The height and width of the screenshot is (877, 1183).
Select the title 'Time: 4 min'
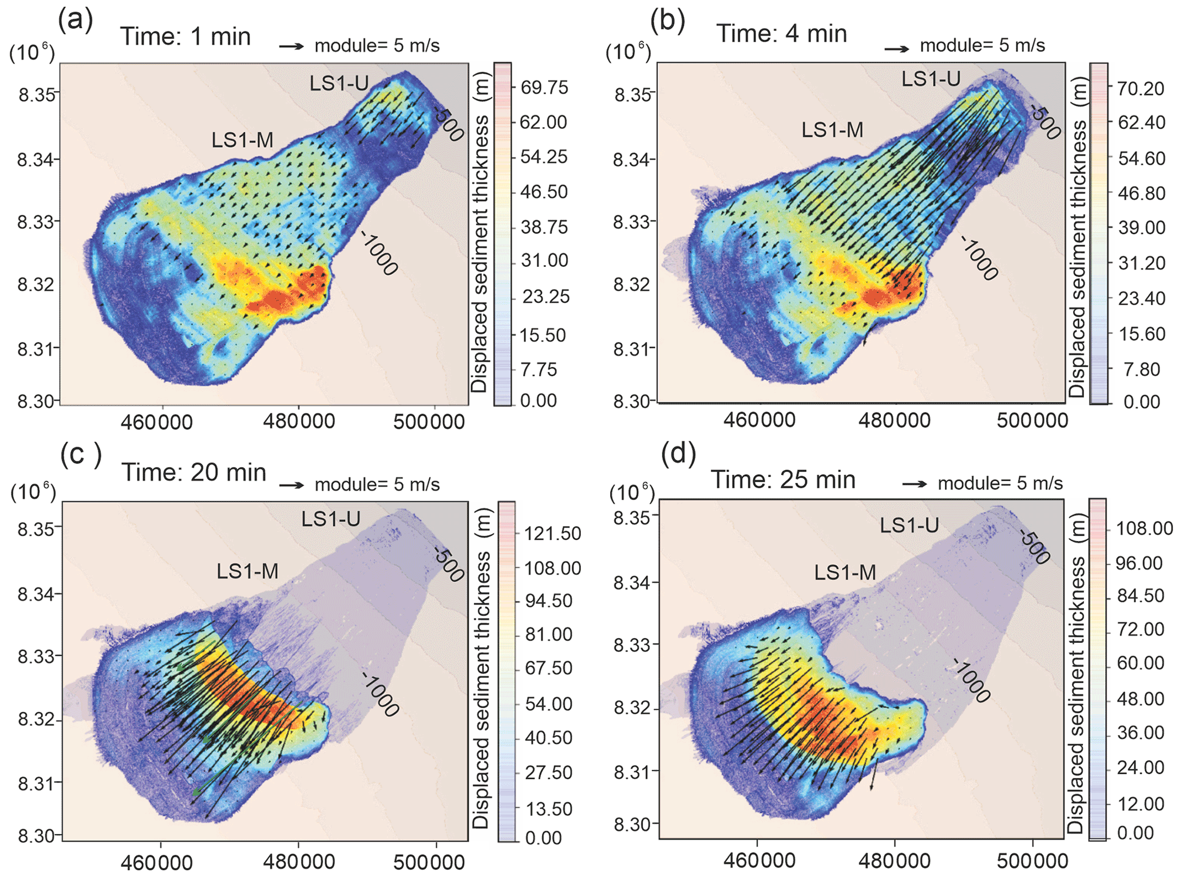781,34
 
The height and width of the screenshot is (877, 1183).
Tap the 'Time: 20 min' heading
194,473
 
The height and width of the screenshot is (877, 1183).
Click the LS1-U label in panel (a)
339,84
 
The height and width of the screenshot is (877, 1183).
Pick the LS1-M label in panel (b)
832,130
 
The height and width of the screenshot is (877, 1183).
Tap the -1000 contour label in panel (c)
380,694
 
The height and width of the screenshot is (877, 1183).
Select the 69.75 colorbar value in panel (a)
544,88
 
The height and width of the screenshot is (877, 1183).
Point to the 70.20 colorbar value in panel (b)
1141,89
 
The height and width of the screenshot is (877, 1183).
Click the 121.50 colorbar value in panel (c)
553,534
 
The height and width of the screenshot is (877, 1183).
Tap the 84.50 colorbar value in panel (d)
1141,596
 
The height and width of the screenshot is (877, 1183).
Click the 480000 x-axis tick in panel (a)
299,422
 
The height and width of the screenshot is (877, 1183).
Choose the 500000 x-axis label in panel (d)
1032,860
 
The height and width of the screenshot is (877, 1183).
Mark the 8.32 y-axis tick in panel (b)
628,284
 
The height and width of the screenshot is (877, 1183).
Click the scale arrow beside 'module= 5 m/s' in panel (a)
292,46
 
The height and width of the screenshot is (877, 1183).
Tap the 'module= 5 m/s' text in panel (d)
1000,484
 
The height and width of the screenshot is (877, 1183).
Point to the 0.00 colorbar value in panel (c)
543,838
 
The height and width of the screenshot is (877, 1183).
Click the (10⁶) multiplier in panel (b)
628,53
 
